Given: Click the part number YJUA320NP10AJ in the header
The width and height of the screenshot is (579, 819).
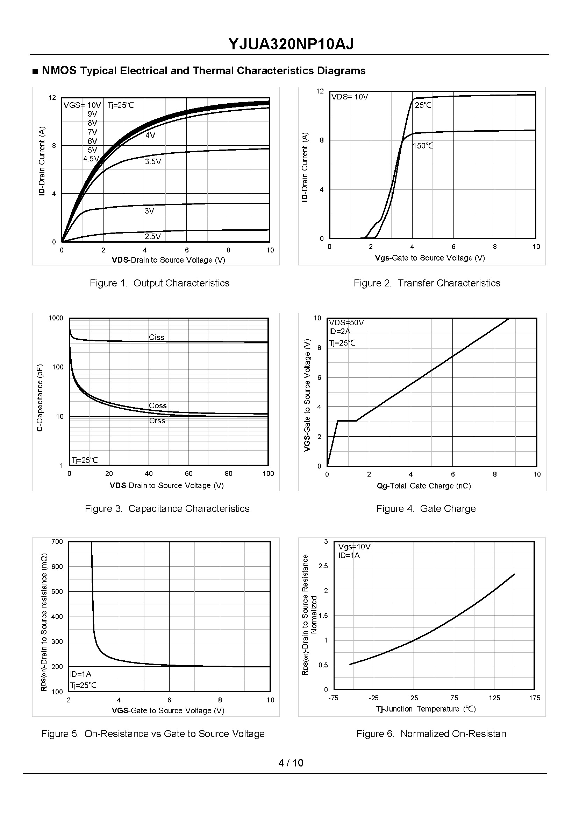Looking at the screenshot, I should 291,44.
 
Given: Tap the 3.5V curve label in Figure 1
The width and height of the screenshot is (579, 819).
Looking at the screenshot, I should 153,162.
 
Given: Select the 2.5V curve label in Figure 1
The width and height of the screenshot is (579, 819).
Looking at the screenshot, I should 153,236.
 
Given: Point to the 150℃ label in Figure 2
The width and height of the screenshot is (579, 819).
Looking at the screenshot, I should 423,146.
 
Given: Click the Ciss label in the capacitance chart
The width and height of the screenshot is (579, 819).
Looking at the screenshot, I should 157,338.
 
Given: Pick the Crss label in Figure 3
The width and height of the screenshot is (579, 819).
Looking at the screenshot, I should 157,421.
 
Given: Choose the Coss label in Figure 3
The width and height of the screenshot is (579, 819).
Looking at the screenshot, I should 158,406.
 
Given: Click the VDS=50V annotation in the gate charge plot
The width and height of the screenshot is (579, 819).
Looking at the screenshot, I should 346,323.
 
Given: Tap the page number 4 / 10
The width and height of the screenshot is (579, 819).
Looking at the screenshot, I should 291,763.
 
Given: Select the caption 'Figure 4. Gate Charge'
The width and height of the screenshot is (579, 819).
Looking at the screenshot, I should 426,509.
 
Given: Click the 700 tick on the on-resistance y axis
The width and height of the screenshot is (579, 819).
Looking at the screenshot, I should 57,542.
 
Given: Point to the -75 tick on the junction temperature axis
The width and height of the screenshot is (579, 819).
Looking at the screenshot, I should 333,698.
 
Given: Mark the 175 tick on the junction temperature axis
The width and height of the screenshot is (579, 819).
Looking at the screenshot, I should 535,698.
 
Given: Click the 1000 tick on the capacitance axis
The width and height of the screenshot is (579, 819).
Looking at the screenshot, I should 56,318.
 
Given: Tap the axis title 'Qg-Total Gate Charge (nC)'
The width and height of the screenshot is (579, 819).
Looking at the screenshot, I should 424,486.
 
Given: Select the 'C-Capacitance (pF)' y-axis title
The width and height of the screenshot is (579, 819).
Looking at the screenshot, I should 40,397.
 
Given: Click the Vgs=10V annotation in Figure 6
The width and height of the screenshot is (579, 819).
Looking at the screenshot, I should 355,547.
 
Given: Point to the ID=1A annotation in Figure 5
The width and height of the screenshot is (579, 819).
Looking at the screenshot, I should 80,674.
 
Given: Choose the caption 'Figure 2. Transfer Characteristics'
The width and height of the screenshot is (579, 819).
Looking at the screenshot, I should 427,283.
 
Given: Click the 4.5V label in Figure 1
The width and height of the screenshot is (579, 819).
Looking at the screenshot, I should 91,159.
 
